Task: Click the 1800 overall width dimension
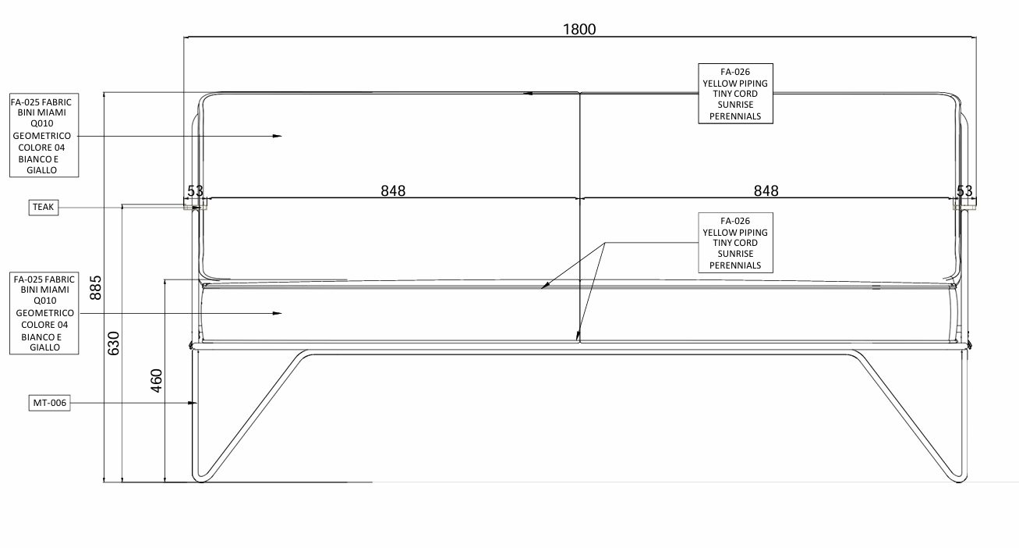(579, 29)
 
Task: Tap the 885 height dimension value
(96, 287)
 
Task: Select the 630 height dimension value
(113, 343)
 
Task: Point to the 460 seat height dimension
(156, 381)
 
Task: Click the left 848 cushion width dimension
(393, 190)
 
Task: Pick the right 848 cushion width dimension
(766, 190)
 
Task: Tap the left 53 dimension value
(195, 190)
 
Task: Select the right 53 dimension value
(964, 190)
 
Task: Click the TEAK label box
(44, 208)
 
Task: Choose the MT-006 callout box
(50, 403)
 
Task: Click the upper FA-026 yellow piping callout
(735, 94)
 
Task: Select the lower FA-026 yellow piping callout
(735, 243)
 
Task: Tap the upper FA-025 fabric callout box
(44, 135)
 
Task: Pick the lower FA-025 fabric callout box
(44, 313)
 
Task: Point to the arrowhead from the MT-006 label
(193, 403)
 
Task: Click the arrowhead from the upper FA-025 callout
(277, 136)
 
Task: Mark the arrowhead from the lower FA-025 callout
(277, 313)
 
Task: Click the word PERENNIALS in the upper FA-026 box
(735, 116)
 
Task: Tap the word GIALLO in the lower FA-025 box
(44, 347)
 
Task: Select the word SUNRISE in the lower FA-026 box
(735, 254)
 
